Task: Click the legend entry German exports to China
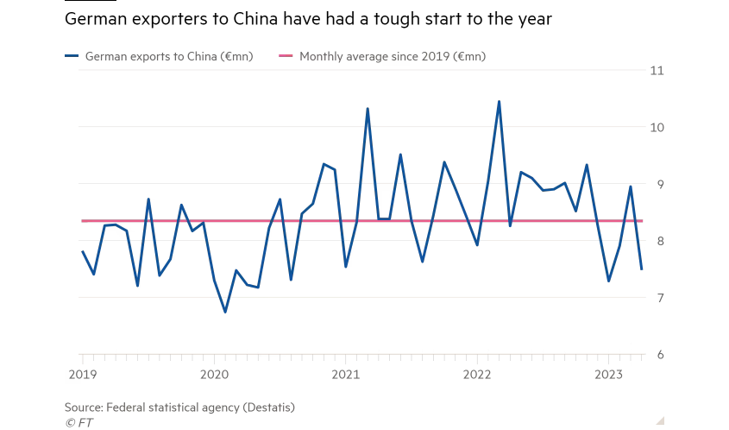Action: tap(168, 57)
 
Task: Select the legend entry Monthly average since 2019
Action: tap(392, 57)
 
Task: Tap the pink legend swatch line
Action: tap(286, 57)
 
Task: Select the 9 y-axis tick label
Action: tap(658, 184)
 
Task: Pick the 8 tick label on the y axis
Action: tap(658, 241)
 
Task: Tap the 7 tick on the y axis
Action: tap(658, 298)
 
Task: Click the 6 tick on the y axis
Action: tap(658, 355)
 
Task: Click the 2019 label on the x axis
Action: tap(82, 374)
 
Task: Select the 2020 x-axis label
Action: tap(214, 374)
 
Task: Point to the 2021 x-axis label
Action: tap(345, 374)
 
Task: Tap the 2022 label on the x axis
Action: tap(477, 374)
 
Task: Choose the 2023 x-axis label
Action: tap(609, 374)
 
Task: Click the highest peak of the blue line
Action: tap(499, 102)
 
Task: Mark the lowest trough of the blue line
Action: tap(225, 312)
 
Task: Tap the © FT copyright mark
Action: tap(79, 422)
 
